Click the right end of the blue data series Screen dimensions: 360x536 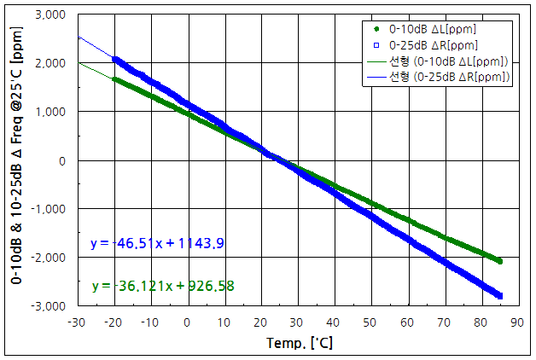pyautogui.click(x=499, y=296)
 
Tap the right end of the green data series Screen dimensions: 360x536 pyautogui.click(x=499, y=261)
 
